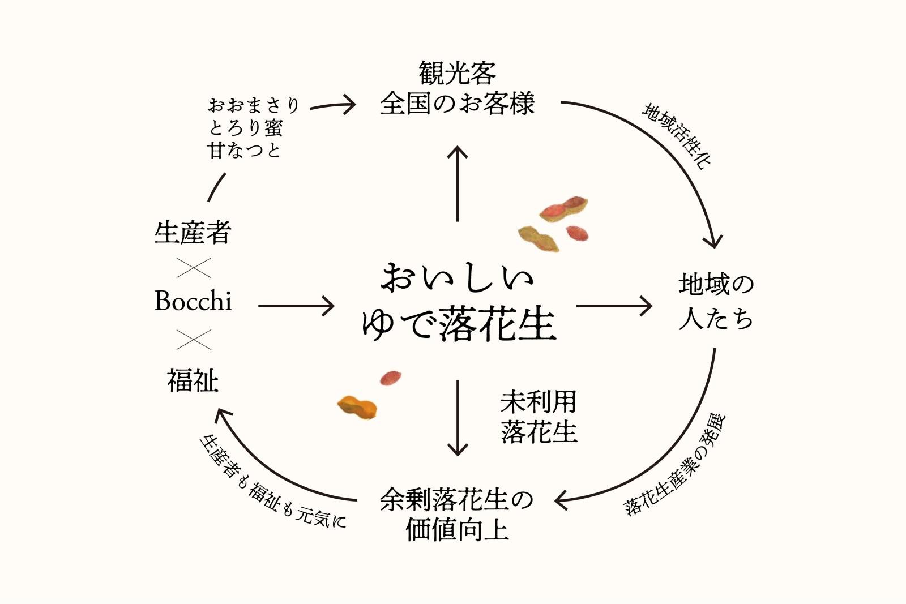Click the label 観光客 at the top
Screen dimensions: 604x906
pos(457,73)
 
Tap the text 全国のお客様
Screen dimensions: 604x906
pos(457,104)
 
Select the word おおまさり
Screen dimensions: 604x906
pos(253,105)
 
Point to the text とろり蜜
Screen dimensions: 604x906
pos(245,128)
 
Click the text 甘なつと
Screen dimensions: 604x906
pos(245,151)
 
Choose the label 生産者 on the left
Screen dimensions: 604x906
pos(193,233)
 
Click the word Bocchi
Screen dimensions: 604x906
pos(193,301)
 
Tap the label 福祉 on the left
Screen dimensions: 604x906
pos(193,380)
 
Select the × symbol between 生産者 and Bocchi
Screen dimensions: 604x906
pos(193,268)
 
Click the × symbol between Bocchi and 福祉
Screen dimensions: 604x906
pos(193,339)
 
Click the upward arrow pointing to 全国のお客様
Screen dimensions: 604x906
pos(458,183)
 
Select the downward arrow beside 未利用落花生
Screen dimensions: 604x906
pos(458,418)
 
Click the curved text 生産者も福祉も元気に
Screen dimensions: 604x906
pos(272,483)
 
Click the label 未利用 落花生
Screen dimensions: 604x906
pos(539,417)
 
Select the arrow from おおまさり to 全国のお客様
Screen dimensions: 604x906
pos(332,105)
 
